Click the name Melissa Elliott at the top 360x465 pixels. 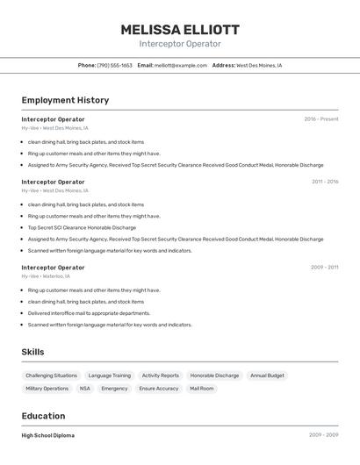180,30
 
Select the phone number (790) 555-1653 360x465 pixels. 115,65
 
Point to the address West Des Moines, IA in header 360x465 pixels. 259,65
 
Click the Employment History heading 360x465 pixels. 65,100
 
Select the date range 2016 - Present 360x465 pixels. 320,119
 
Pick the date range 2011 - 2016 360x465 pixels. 325,182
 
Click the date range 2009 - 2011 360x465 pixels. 324,268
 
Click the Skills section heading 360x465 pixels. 33,352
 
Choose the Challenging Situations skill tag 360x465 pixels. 51,376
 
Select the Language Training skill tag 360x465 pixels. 110,376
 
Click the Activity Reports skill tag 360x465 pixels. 161,376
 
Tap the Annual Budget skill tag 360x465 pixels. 267,376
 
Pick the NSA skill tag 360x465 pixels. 85,388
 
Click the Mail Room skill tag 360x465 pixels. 202,388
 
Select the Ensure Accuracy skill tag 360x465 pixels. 159,388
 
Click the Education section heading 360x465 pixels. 43,416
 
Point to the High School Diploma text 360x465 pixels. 48,435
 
